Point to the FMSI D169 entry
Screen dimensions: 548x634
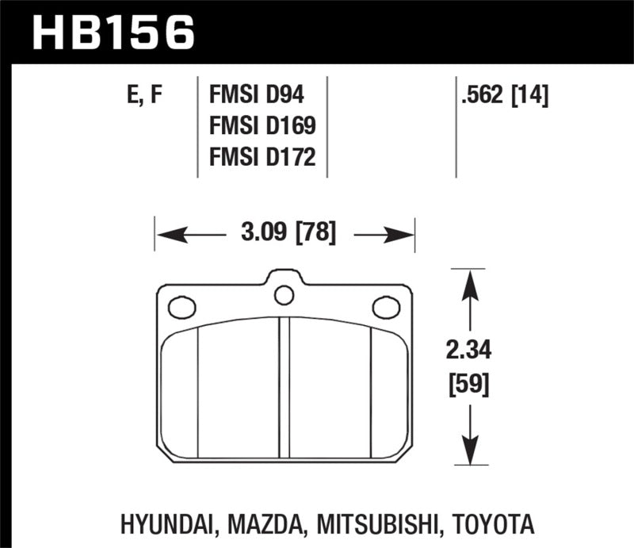point(261,127)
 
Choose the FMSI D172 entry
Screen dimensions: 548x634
point(261,158)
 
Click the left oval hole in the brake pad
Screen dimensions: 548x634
point(182,305)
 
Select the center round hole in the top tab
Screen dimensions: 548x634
point(283,295)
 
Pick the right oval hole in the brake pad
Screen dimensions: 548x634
point(386,305)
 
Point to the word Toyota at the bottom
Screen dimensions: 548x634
point(498,525)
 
